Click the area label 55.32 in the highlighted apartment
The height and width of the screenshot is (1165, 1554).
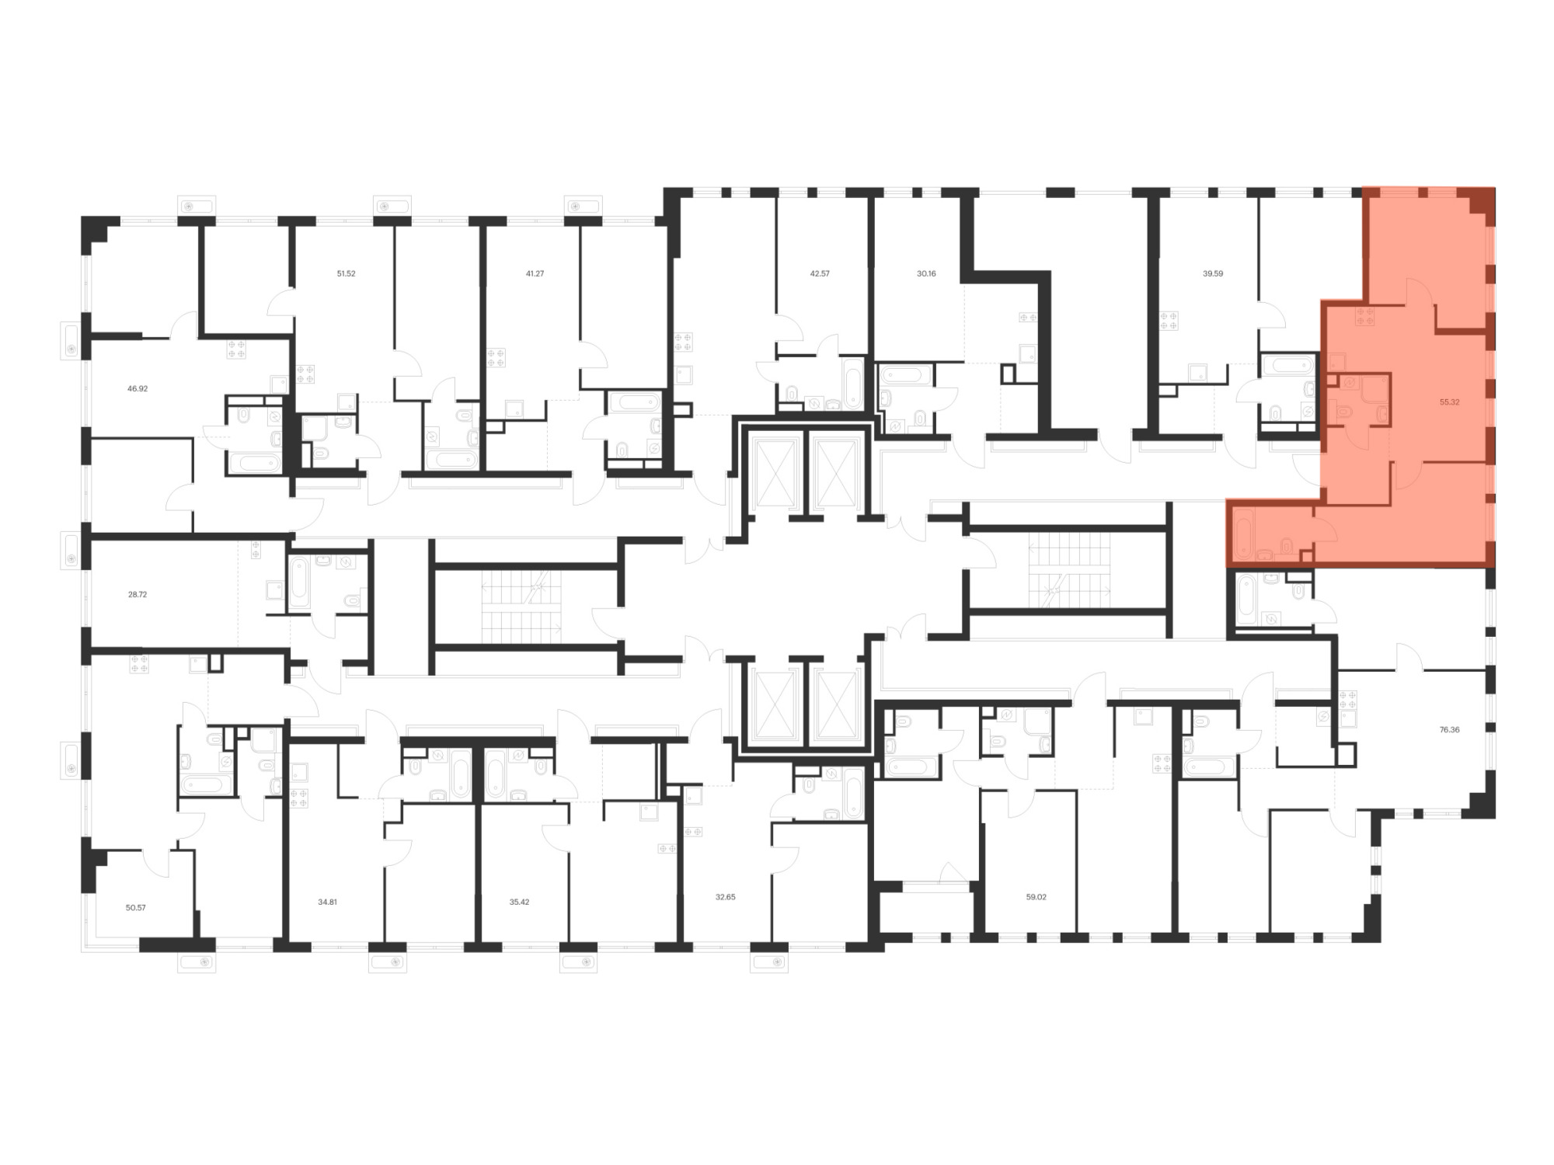[x=1449, y=402]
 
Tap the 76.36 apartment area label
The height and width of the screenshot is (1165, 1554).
[x=1449, y=730]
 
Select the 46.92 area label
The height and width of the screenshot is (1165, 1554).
[x=138, y=388]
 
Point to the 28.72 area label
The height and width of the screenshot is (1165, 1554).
[x=138, y=594]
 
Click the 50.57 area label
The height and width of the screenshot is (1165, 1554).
[x=136, y=907]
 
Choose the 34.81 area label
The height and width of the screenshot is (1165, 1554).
[x=328, y=902]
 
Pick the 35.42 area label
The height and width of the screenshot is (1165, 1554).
[x=519, y=902]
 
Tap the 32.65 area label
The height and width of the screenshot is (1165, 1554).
[x=725, y=897]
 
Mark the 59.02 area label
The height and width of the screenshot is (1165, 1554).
[x=1036, y=897]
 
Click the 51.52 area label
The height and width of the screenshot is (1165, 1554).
[x=346, y=273]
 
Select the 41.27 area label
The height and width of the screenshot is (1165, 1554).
[x=535, y=273]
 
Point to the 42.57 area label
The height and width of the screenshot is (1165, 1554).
[x=820, y=273]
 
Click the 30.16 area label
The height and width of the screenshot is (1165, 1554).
[x=926, y=273]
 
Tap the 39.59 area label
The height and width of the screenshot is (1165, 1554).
[x=1213, y=273]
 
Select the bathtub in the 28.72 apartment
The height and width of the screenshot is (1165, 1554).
[x=299, y=582]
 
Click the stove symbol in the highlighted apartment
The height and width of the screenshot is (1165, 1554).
[x=1365, y=316]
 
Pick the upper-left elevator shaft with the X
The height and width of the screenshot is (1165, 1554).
[x=777, y=471]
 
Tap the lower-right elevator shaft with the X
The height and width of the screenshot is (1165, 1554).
[x=839, y=704]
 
